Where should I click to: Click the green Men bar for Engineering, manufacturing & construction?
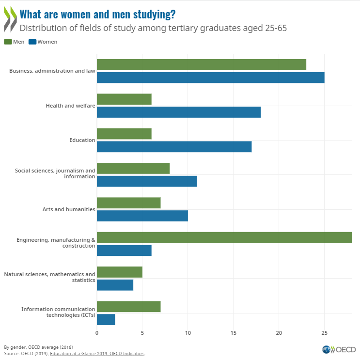[224, 237]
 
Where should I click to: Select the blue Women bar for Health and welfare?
[178, 112]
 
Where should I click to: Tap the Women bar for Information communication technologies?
[106, 319]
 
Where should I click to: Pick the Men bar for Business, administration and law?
[201, 64]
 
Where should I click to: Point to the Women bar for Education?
[174, 146]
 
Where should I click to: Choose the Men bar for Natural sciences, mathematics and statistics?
[119, 272]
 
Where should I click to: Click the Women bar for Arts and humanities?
[142, 216]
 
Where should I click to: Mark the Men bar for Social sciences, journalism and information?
[133, 168]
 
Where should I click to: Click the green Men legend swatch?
[8, 42]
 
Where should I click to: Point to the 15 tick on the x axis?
[233, 333]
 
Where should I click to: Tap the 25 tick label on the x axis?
[324, 333]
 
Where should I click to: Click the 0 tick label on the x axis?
[97, 333]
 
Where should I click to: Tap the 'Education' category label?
[82, 140]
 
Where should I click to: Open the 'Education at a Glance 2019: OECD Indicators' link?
[107, 353]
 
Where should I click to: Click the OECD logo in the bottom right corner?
[339, 349]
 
